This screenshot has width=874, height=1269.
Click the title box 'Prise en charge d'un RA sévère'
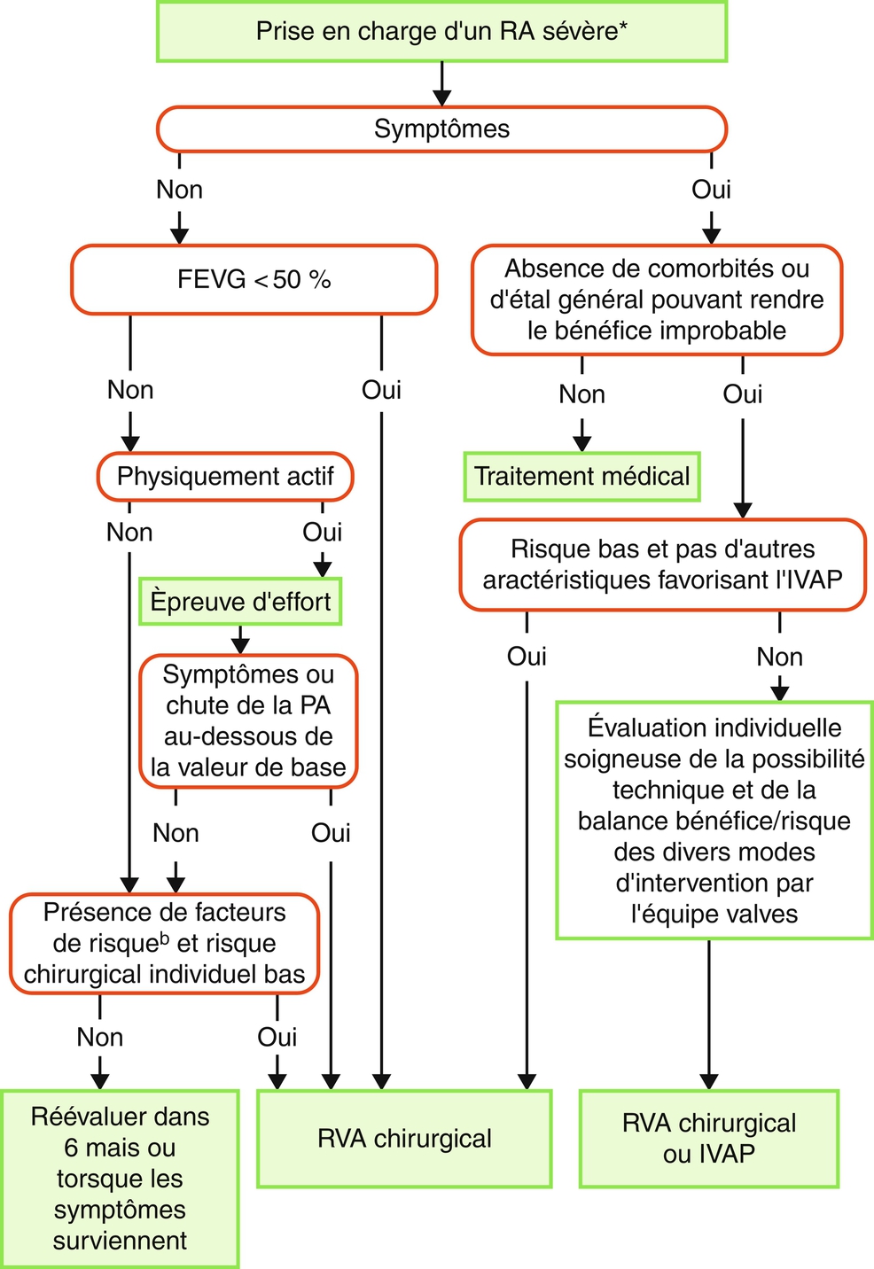(x=441, y=32)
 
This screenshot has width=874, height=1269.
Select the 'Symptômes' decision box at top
(x=441, y=129)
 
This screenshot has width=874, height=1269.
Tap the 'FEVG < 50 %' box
(x=254, y=280)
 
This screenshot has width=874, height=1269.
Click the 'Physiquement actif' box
(x=225, y=477)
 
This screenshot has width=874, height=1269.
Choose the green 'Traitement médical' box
(x=581, y=477)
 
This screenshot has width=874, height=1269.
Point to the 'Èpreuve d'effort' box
(x=240, y=603)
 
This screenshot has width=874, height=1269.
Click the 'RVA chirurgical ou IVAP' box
(x=708, y=1139)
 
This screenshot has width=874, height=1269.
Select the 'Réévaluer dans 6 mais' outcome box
(x=120, y=1179)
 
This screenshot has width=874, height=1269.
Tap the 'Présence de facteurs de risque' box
(x=164, y=944)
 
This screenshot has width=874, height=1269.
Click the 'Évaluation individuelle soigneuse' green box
(x=714, y=821)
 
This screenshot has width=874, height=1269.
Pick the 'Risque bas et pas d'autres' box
(x=662, y=564)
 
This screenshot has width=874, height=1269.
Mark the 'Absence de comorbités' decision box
(x=656, y=300)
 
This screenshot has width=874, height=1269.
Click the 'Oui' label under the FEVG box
(x=381, y=390)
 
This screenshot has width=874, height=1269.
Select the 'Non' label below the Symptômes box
(x=179, y=190)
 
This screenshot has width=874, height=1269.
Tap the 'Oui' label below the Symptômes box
(x=711, y=190)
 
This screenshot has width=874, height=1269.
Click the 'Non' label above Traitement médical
(x=581, y=394)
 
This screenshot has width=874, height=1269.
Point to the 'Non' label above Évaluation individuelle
(x=779, y=658)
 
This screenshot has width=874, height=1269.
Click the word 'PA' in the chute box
(x=315, y=706)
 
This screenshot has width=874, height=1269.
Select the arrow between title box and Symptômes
(x=441, y=84)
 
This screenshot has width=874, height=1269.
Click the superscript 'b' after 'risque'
(x=165, y=937)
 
